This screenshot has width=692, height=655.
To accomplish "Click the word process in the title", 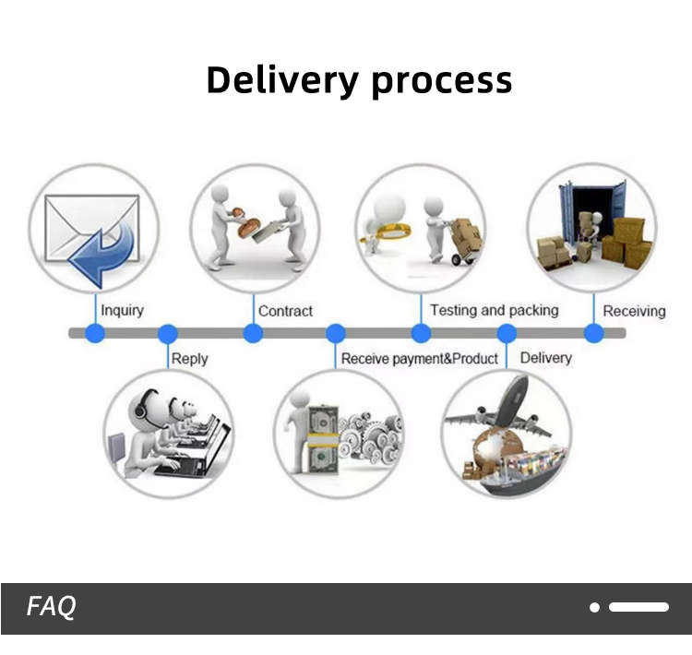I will click(441, 81).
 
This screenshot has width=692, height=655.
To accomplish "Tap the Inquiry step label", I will click(122, 311).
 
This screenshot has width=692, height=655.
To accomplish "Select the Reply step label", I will click(189, 358).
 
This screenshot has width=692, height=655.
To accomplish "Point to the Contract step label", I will click(285, 311).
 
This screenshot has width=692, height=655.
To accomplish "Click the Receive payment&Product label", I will click(420, 358).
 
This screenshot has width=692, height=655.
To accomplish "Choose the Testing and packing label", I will click(494, 310).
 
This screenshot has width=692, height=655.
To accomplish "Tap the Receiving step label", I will click(634, 311).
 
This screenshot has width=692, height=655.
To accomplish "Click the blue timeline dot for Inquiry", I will click(94, 333).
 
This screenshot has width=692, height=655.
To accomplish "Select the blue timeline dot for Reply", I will click(167, 333).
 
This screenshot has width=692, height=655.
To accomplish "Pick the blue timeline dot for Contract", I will click(253, 333).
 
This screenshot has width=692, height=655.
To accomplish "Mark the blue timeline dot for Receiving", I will click(594, 333).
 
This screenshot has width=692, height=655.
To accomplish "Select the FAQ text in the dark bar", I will click(51, 606).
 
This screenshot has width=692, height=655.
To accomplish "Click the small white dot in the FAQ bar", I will click(595, 607).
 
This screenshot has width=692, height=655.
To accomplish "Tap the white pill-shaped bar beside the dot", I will click(638, 607).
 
